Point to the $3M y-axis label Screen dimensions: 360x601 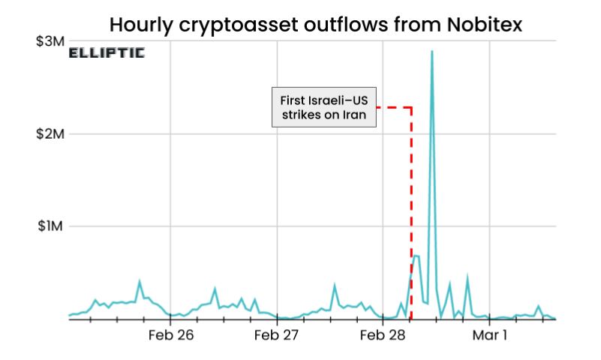(50, 41)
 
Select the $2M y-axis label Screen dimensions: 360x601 (50, 133)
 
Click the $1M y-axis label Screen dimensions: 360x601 (50, 226)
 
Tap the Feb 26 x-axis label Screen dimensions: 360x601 (171, 335)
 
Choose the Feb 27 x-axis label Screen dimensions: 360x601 (277, 335)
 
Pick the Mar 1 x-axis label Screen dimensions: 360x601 (490, 335)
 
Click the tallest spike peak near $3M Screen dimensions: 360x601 (432, 52)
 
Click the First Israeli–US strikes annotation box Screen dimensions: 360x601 (323, 107)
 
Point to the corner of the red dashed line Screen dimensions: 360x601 (411, 107)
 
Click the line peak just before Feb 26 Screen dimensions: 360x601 (140, 282)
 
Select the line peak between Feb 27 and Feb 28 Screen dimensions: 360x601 (335, 285)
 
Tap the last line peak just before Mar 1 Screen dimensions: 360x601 (467, 277)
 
